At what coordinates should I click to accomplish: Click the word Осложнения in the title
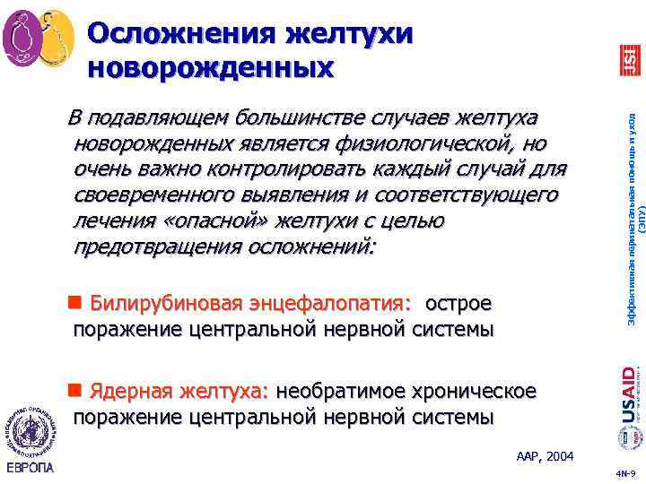tap(179, 33)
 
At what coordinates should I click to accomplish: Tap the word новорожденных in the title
tap(211, 66)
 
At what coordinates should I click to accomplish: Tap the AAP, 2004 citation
tap(545, 457)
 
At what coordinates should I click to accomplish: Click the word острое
tap(458, 305)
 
